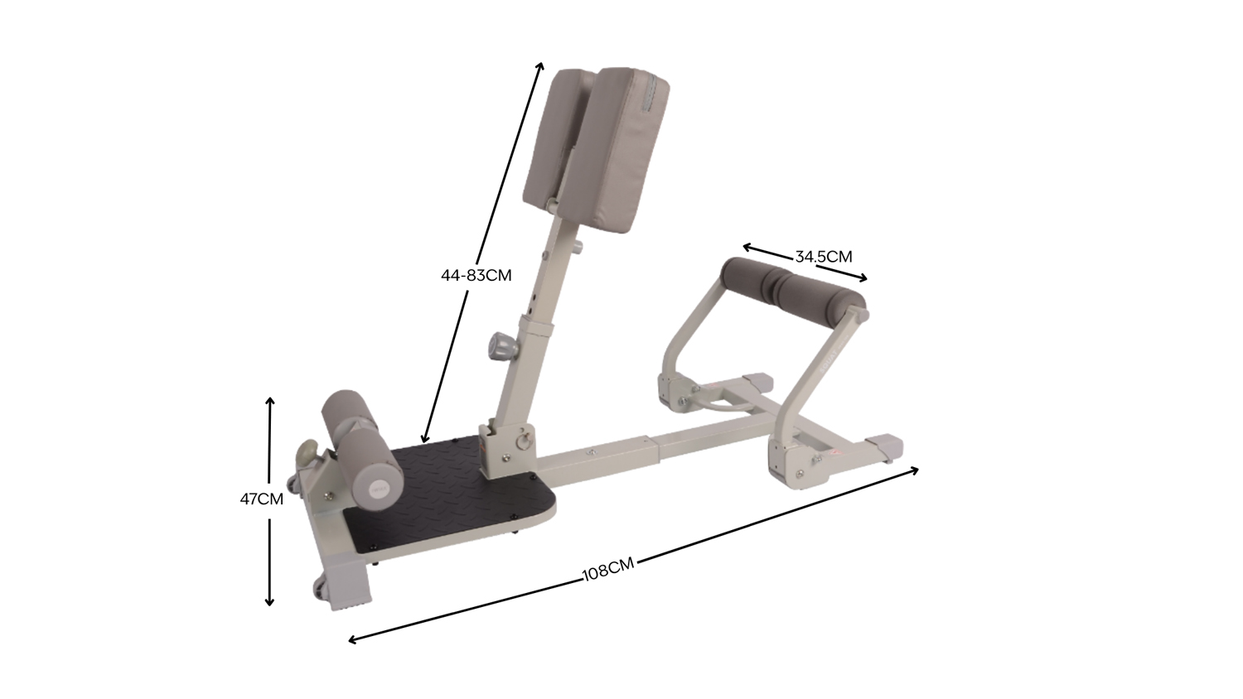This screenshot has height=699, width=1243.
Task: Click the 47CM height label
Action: [261, 499]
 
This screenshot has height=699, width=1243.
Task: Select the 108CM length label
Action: [607, 570]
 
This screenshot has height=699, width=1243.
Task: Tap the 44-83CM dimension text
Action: [476, 275]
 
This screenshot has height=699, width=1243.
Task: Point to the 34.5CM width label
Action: [824, 257]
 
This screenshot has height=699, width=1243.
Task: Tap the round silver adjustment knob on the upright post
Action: [501, 346]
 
